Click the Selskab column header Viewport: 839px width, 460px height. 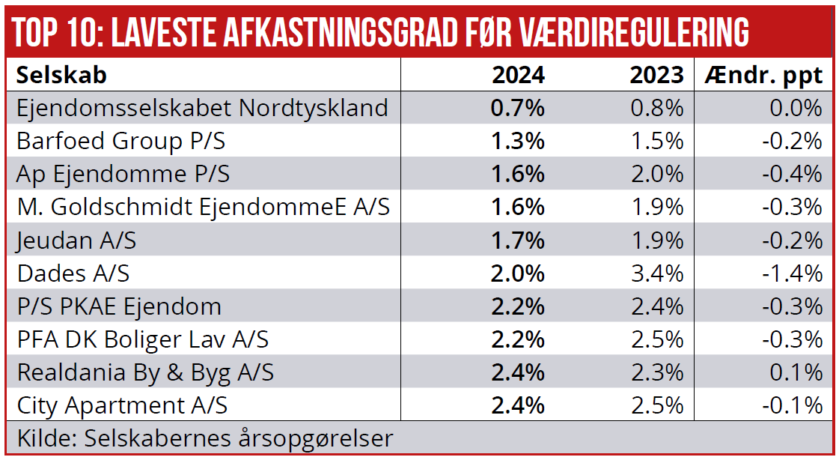coord(61,75)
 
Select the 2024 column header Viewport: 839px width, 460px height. coord(518,75)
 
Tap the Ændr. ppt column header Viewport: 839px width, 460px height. coord(763,75)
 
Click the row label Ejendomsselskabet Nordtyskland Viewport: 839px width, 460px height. coord(202,108)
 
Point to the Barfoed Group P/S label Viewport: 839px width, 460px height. coord(121,141)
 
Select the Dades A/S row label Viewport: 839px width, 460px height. coord(73,273)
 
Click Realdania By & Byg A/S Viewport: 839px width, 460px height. coord(145,372)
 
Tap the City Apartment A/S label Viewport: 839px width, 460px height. coord(122,405)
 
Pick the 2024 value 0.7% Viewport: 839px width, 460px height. coord(518,108)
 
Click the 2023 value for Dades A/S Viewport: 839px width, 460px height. coord(656,273)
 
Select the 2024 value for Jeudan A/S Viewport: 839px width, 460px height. coord(518,240)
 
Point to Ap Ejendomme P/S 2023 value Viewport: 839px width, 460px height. coord(656,174)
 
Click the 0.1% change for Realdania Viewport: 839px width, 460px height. coord(801,372)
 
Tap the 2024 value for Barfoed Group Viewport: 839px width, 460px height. coord(518,141)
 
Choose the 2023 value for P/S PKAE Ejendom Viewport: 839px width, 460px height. coord(656,306)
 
